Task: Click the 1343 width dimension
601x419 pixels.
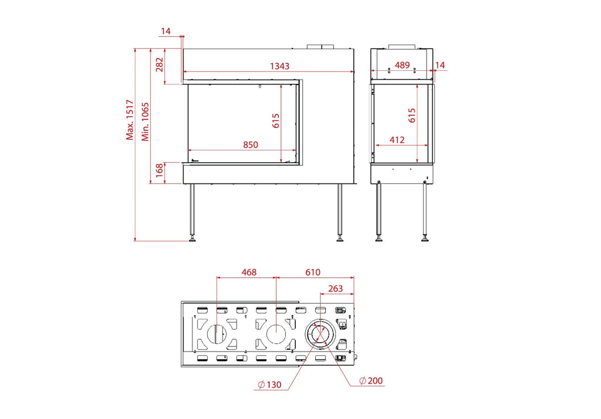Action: pyautogui.click(x=280, y=66)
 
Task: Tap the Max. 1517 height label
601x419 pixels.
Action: pyautogui.click(x=130, y=120)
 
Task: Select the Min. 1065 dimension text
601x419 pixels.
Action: pyautogui.click(x=146, y=122)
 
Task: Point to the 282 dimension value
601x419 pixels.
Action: pyautogui.click(x=160, y=64)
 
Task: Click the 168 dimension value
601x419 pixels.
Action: pyautogui.click(x=160, y=170)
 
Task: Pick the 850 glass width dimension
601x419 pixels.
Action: pyautogui.click(x=251, y=145)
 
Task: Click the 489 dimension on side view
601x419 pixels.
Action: pyautogui.click(x=402, y=65)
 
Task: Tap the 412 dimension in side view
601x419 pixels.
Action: pyautogui.click(x=397, y=140)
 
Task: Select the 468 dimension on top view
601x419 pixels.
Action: pyautogui.click(x=249, y=272)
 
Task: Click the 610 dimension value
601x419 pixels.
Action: pyautogui.click(x=313, y=272)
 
